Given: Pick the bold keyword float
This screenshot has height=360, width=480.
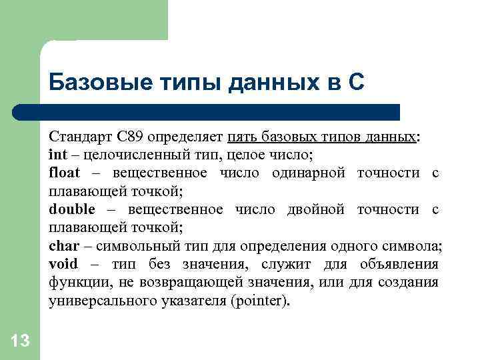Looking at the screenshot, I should point(64,173).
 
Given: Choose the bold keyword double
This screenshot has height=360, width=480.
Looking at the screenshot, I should point(72,209).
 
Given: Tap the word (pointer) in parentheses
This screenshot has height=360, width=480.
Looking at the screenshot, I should point(258,301).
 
